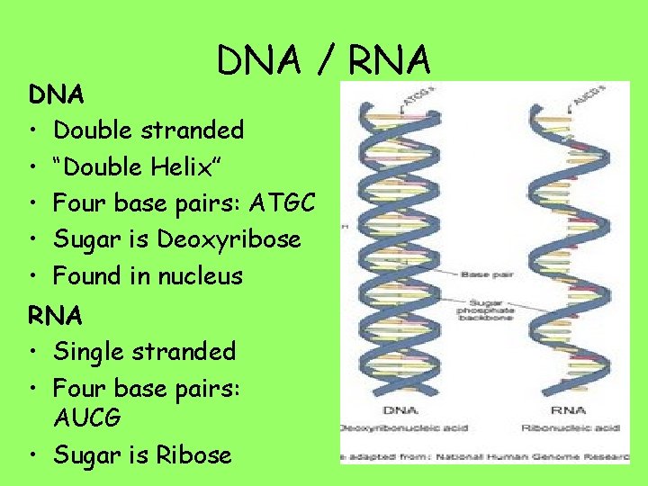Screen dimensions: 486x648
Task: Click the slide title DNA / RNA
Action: tap(324, 60)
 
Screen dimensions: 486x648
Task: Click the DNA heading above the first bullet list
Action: tap(56, 94)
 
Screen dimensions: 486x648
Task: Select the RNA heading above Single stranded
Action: tap(56, 315)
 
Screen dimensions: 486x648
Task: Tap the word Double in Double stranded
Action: tap(90, 130)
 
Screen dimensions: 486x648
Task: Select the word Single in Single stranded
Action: tap(86, 352)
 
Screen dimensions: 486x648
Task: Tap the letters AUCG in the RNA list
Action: tap(87, 418)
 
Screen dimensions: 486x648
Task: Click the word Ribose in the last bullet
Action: tap(194, 455)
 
